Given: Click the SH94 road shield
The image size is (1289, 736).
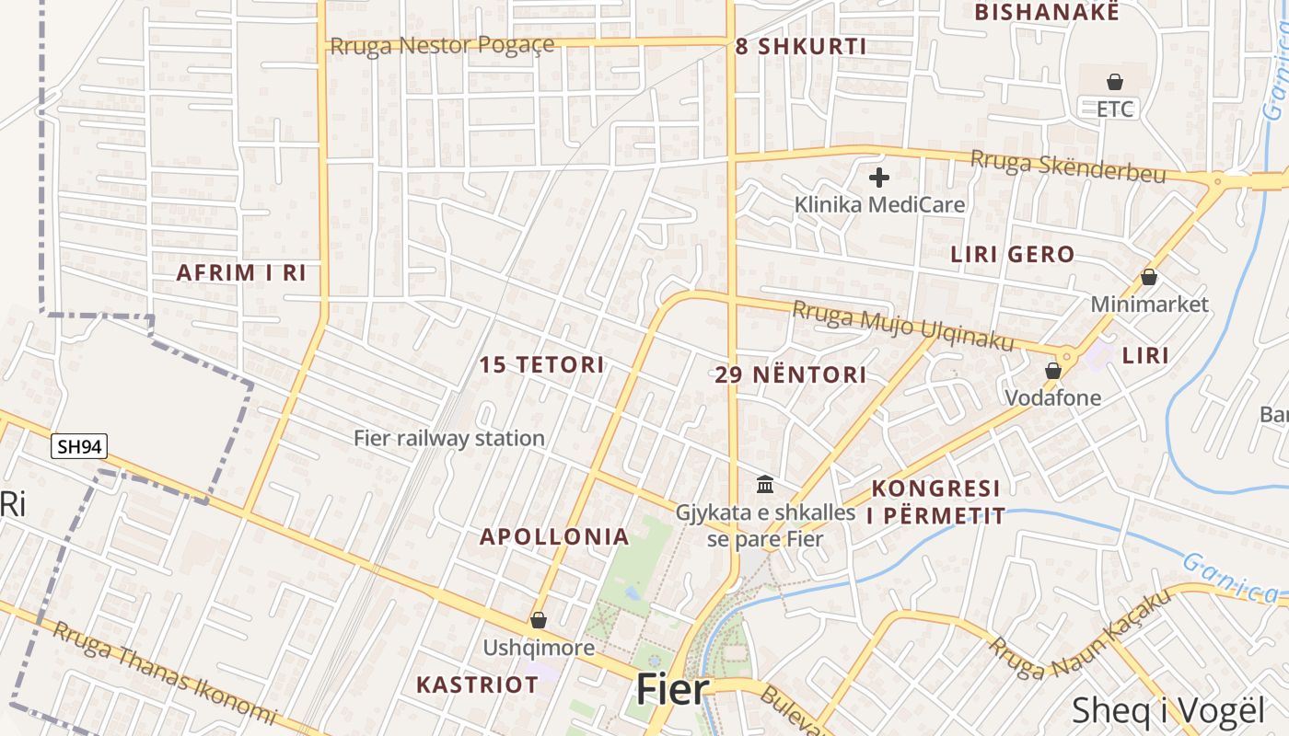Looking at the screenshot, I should pyautogui.click(x=79, y=447).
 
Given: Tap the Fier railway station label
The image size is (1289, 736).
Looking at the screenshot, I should pyautogui.click(x=449, y=439).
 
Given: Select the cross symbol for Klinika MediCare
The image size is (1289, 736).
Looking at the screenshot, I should pyautogui.click(x=879, y=178).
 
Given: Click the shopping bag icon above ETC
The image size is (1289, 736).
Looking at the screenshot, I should pyautogui.click(x=1115, y=82).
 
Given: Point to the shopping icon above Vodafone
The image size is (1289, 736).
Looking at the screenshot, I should pyautogui.click(x=1053, y=371).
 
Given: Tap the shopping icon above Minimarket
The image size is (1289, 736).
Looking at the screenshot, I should pyautogui.click(x=1149, y=276).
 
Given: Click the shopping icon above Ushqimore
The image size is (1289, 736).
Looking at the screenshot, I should pyautogui.click(x=539, y=621).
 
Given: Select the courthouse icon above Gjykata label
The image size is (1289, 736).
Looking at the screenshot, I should pyautogui.click(x=765, y=484).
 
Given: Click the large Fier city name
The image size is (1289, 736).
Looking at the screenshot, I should pyautogui.click(x=673, y=690).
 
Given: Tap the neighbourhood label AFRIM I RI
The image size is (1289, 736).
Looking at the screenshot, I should pyautogui.click(x=241, y=273).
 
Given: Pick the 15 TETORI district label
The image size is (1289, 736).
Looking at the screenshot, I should pyautogui.click(x=541, y=365).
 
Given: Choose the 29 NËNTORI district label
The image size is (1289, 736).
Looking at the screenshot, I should pyautogui.click(x=791, y=374).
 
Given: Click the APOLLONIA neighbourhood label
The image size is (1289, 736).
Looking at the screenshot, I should pyautogui.click(x=554, y=536).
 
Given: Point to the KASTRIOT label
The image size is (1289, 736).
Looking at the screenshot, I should pyautogui.click(x=477, y=684).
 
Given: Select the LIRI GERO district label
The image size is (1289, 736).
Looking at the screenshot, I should pyautogui.click(x=1012, y=255).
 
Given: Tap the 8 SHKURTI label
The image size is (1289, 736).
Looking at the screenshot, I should pyautogui.click(x=801, y=47).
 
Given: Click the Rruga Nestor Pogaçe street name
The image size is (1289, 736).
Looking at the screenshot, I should pyautogui.click(x=442, y=45).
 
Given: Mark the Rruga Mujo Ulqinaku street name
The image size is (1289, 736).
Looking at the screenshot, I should pyautogui.click(x=902, y=327).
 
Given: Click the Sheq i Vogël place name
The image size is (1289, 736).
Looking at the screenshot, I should pyautogui.click(x=1169, y=711).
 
